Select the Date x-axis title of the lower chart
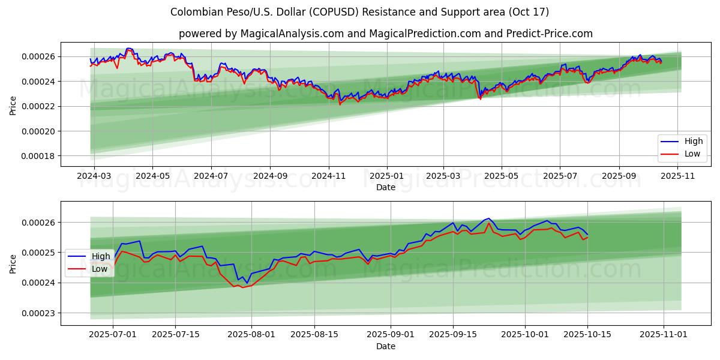point(386,346)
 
